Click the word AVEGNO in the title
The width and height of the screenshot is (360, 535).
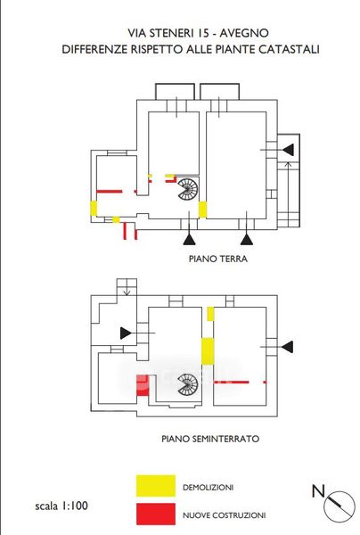point(244,33)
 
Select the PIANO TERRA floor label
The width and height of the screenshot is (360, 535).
point(218,259)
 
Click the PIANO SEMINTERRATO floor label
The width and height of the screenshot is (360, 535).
point(210,439)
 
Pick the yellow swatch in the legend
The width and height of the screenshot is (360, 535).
point(156,486)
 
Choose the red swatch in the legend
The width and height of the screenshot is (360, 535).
point(156,514)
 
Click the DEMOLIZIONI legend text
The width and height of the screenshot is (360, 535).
point(208,487)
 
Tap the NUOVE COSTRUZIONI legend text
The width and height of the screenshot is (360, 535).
point(224,515)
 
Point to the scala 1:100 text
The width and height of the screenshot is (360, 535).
point(61,506)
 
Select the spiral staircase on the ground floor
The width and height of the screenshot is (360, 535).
point(187,189)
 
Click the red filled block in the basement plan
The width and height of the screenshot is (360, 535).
point(143,385)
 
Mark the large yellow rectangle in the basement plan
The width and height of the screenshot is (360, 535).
point(208,351)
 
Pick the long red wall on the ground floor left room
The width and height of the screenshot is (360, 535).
point(109,192)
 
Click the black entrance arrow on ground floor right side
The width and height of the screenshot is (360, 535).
point(288,150)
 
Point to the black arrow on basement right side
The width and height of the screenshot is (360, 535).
point(287,347)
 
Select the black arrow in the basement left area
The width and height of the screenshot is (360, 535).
point(126,333)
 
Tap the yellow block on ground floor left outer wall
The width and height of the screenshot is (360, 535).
point(94,208)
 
